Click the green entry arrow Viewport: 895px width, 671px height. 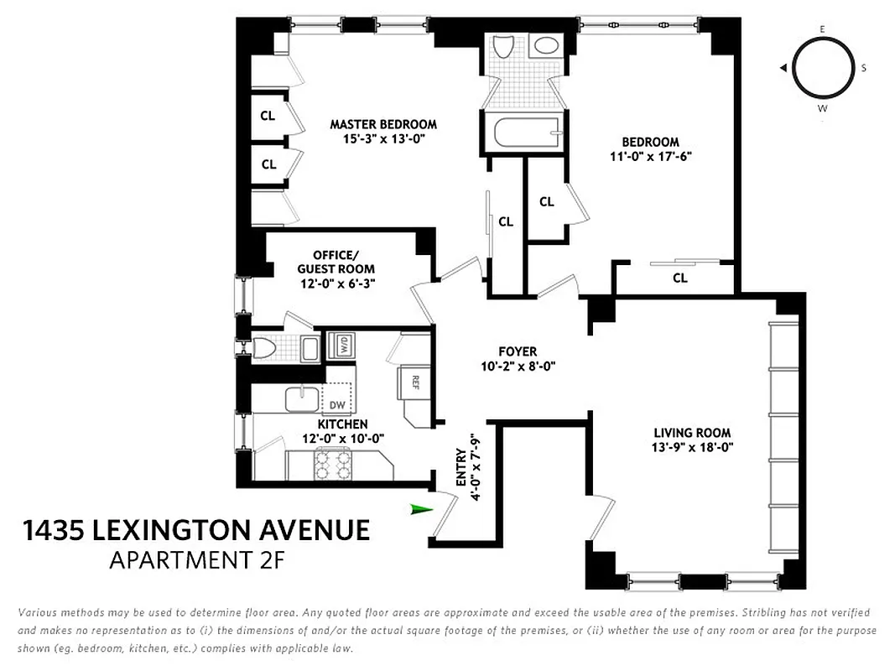[421, 509]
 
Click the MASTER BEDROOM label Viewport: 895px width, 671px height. [383, 124]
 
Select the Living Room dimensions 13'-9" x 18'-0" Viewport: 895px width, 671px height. [694, 447]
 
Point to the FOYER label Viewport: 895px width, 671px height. [518, 351]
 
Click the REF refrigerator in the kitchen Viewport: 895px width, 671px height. [414, 381]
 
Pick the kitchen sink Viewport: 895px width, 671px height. [301, 398]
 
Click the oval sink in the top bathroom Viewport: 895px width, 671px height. [548, 46]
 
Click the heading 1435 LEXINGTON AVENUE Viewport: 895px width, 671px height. [196, 531]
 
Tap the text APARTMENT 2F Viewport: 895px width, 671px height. [198, 560]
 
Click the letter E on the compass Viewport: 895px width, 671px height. [823, 29]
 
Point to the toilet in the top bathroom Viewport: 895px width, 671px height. [505, 47]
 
